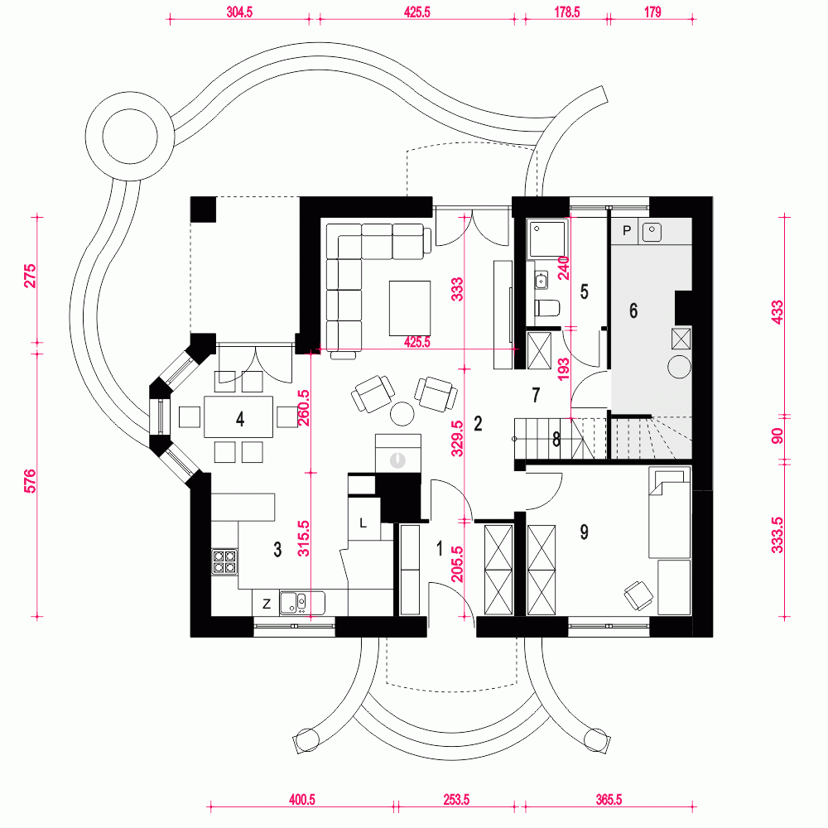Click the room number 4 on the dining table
coord(240,419)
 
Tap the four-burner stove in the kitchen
coord(224,563)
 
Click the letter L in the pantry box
coord(363,522)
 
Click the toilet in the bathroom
coord(547,309)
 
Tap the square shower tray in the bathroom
coord(547,238)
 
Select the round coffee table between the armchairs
coord(404,412)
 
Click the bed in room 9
coord(669,513)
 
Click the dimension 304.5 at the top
coord(240,13)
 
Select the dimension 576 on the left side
coord(31,481)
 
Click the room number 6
coord(634,311)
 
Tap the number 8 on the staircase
coord(556,440)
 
